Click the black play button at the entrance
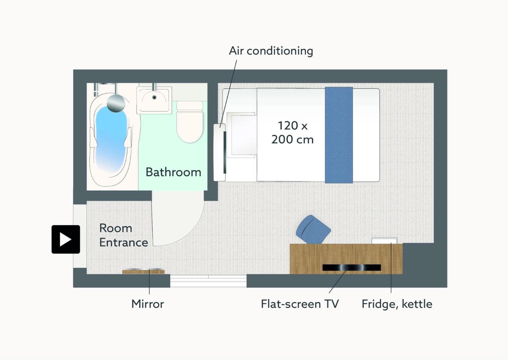[x=66, y=239]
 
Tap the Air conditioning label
[x=271, y=51]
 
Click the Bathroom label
[x=173, y=172]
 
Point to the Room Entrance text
[x=124, y=235]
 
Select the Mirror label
[x=148, y=304]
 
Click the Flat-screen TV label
[x=300, y=304]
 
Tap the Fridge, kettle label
[x=397, y=304]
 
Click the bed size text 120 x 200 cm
[x=293, y=132]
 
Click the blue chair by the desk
[x=313, y=229]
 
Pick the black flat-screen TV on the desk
[x=352, y=268]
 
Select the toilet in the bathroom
[x=190, y=122]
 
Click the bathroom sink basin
[x=154, y=100]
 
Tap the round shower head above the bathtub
[x=116, y=103]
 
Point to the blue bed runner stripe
[x=339, y=135]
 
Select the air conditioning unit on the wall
[x=220, y=152]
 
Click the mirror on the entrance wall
[x=143, y=271]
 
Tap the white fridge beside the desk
[x=384, y=241]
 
